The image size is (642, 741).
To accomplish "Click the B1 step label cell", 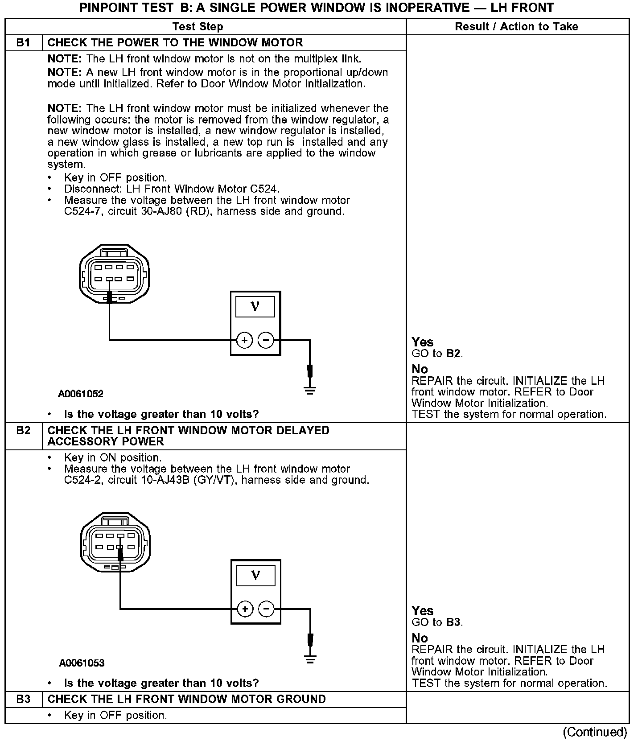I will (23, 43).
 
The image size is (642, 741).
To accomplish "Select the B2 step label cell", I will (23, 431).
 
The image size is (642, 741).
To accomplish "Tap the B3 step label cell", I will (23, 699).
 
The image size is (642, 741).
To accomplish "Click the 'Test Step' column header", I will (198, 27).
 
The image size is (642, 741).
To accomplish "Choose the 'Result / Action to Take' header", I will (516, 27).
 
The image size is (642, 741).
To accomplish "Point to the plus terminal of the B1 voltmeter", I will (244, 341).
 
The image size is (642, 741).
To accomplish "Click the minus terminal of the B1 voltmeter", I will (266, 341).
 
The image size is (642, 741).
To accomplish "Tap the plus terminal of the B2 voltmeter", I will (245, 609).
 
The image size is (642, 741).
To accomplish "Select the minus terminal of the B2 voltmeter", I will (267, 609).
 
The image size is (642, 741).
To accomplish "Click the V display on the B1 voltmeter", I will (255, 306).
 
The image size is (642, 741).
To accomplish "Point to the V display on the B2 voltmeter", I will (256, 575).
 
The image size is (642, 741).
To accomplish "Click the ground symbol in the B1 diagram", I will (310, 391).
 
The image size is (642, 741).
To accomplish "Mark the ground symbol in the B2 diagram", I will (310, 659).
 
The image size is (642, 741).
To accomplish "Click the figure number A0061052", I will (81, 394).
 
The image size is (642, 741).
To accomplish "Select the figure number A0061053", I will (82, 663).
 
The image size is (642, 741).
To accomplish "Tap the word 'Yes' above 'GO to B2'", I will (422, 342).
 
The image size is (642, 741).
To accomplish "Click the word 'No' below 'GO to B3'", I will (420, 638).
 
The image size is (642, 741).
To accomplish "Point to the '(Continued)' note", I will (595, 732).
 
